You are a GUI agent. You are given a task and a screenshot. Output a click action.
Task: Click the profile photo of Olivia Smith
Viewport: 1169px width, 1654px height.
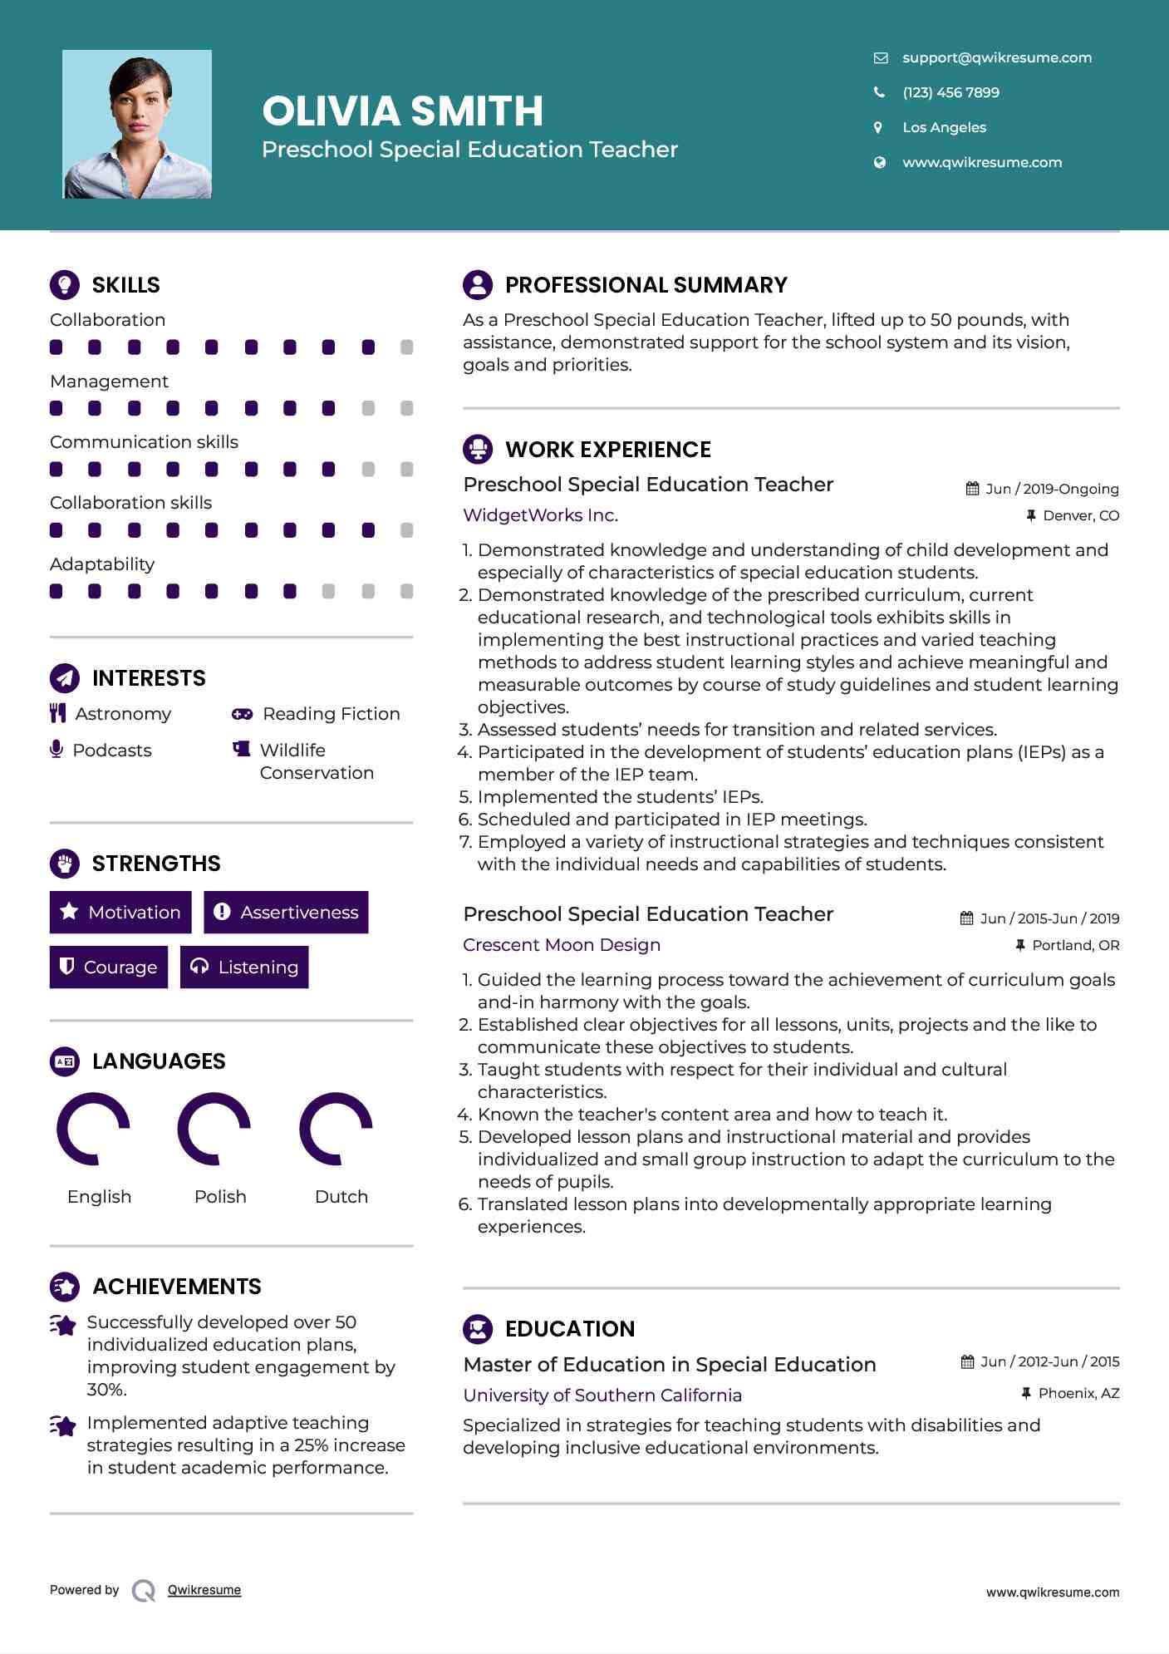point(137,124)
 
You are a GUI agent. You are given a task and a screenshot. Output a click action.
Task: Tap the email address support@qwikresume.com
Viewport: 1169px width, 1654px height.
point(996,57)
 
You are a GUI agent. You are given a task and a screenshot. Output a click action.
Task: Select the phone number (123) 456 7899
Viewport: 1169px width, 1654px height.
point(950,92)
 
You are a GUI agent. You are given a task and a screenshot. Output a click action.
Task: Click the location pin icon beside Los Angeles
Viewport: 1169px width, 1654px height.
point(878,127)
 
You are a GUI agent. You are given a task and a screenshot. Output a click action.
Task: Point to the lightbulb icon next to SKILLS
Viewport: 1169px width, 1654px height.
point(65,284)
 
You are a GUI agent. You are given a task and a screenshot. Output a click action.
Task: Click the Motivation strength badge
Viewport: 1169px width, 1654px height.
point(120,913)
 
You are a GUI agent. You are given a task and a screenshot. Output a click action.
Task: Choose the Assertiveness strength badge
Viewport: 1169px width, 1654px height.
point(286,913)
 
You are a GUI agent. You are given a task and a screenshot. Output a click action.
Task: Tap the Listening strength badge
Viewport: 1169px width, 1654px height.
point(244,967)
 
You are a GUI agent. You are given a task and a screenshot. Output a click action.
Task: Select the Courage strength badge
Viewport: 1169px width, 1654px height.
point(109,967)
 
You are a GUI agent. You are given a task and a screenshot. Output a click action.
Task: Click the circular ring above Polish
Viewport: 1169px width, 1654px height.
point(214,1129)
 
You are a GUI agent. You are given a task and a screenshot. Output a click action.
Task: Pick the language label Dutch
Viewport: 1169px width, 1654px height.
point(341,1196)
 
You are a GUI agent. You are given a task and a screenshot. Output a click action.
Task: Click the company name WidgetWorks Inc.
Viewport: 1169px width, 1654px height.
point(540,515)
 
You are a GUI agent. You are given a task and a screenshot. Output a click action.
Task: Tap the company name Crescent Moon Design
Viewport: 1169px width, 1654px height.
point(562,945)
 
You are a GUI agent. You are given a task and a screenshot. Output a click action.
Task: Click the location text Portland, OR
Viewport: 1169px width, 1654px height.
point(1075,945)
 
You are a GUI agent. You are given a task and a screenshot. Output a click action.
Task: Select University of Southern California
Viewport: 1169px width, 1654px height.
point(602,1396)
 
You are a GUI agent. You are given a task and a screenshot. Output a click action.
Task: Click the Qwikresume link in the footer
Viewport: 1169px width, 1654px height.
point(204,1590)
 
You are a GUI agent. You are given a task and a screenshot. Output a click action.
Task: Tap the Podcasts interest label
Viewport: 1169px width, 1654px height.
point(112,751)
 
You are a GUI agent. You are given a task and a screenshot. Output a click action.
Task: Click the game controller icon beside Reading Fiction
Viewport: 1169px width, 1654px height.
point(242,714)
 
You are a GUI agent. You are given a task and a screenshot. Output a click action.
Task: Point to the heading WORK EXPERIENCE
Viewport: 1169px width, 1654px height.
point(607,450)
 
